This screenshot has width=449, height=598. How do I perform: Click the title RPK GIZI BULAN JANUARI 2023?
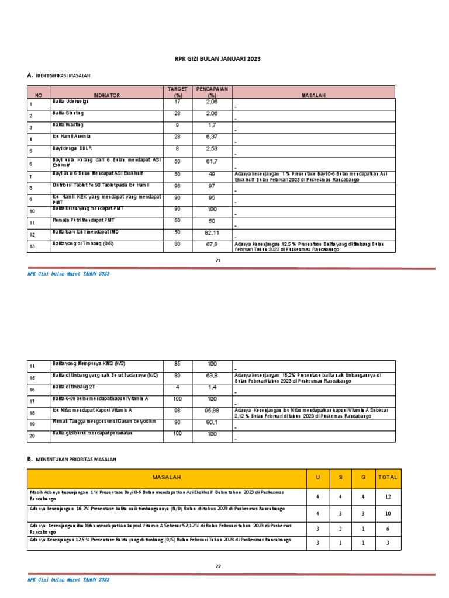(x=217, y=59)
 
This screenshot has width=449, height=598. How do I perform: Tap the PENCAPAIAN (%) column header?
(x=212, y=92)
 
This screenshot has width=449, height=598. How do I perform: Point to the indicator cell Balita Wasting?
(x=68, y=125)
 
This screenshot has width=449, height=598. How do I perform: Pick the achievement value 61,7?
(x=212, y=161)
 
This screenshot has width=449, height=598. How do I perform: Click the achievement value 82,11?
(x=212, y=233)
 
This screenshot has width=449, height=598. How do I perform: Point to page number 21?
(x=217, y=260)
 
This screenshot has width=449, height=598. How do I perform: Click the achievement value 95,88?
(x=212, y=411)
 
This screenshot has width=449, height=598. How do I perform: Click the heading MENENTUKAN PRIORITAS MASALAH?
(x=76, y=460)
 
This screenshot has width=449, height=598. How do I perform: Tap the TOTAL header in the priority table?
(x=387, y=477)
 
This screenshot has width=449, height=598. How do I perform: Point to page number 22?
(x=217, y=566)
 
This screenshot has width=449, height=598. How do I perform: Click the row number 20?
(x=32, y=436)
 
